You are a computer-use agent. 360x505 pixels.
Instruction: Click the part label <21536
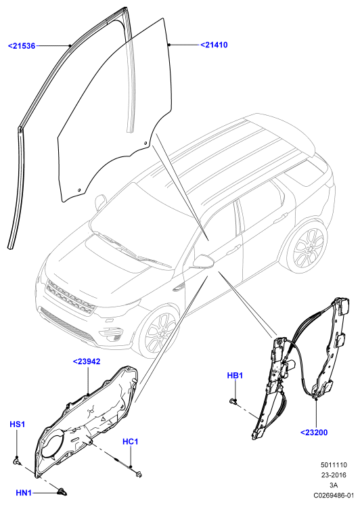point(22,46)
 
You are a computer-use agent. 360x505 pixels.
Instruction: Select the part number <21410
point(214,45)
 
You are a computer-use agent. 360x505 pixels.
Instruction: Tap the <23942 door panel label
point(87,361)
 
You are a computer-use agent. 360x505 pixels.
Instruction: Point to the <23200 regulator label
point(314,432)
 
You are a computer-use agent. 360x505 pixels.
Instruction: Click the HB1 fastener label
point(235,376)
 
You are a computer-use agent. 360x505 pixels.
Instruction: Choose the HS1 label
point(17,424)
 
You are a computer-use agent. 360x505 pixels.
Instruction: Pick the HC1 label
point(131,441)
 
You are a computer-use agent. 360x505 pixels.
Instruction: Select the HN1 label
point(24,493)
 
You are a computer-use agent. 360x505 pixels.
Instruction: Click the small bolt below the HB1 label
point(233,401)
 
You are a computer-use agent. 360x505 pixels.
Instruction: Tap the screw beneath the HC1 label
point(139,474)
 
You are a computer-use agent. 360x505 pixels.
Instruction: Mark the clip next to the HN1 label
point(62,491)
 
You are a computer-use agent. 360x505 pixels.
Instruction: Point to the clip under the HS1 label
point(18,462)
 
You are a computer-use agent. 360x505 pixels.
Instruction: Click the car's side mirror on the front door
point(204,261)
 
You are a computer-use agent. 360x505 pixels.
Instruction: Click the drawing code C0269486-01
point(334,495)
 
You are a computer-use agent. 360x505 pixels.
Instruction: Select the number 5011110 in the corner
point(334,465)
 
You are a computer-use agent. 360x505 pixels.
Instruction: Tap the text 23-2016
point(334,475)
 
